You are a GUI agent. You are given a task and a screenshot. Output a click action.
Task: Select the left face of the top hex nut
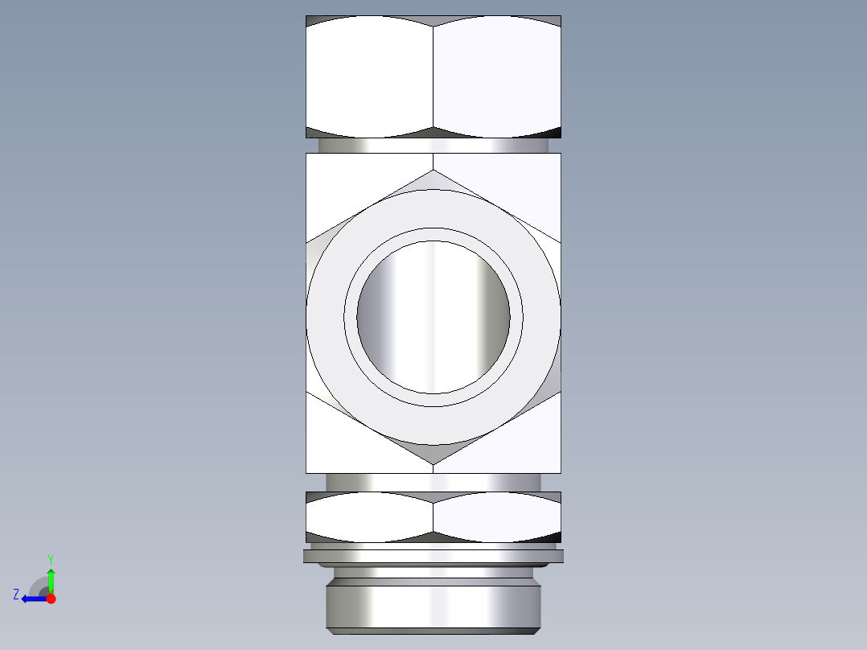(x=369, y=77)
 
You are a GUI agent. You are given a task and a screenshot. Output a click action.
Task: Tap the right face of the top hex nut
(x=497, y=77)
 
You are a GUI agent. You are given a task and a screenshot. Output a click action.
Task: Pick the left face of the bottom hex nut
(x=369, y=516)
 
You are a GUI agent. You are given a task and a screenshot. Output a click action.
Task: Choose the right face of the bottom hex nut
(x=497, y=516)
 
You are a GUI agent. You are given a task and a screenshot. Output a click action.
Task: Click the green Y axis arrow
(x=51, y=578)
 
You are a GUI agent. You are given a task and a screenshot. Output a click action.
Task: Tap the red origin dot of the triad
(x=51, y=599)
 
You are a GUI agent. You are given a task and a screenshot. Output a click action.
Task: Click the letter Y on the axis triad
(x=50, y=558)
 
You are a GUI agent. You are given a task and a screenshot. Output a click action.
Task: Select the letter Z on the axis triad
(x=16, y=594)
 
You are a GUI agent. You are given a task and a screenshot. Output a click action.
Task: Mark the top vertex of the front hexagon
(x=433, y=171)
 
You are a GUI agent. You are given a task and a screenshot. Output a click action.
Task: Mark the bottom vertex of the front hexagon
(x=433, y=463)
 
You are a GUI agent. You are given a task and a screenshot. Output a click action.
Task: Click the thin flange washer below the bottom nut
(x=433, y=556)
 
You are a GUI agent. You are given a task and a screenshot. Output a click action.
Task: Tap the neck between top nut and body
(x=433, y=146)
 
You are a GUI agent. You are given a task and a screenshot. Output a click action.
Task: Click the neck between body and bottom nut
(x=433, y=482)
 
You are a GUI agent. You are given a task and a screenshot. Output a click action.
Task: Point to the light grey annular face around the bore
(x=433, y=209)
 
